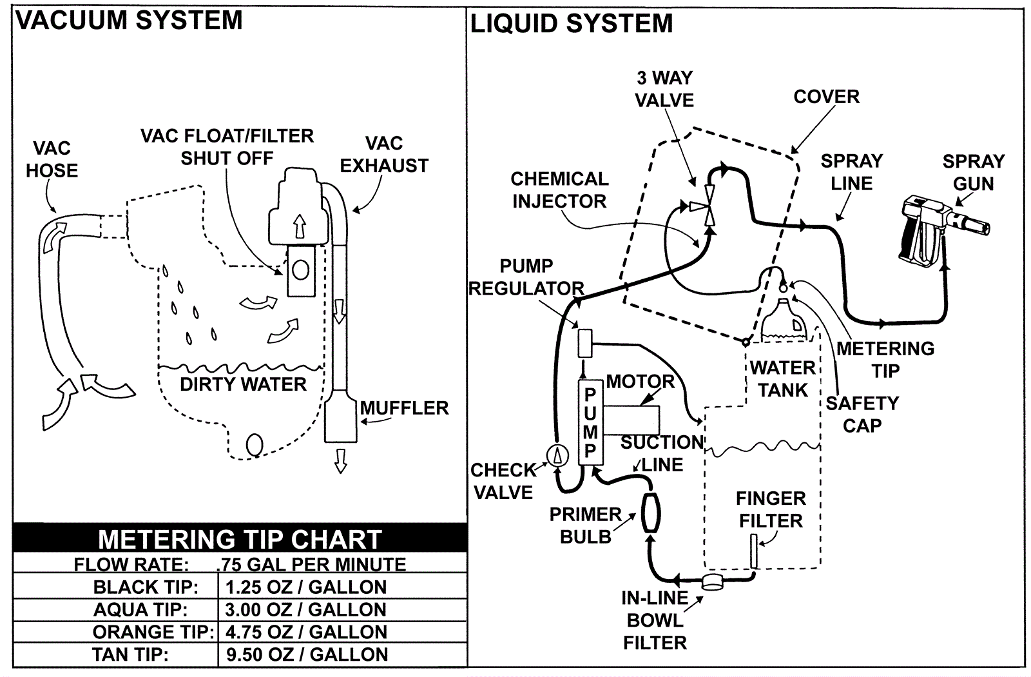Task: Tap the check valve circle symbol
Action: coord(557,455)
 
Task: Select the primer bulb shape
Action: coord(650,513)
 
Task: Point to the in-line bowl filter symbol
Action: coord(713,583)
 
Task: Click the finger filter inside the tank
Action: coord(754,551)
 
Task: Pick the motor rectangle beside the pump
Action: coord(631,420)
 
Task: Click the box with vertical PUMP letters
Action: coord(590,424)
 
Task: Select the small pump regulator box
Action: coord(585,343)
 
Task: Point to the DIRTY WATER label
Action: coord(243,384)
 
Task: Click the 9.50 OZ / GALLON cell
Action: coord(307,654)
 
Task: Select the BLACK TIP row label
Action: coord(146,587)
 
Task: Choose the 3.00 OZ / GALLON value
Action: coord(305,609)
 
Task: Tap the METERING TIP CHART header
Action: coord(240,539)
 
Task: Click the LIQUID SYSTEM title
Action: coord(571,23)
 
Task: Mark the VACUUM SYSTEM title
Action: coord(129,20)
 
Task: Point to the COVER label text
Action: coord(827,97)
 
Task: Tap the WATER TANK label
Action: coord(783,379)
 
